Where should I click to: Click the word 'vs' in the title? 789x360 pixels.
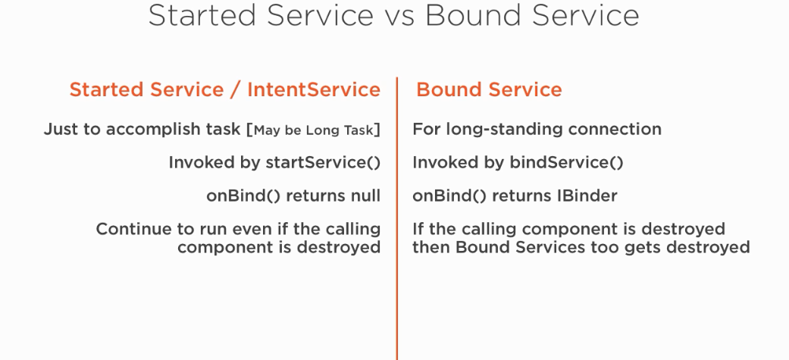[x=399, y=16]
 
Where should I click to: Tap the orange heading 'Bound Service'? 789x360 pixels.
[x=489, y=89]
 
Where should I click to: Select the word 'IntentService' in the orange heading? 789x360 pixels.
[x=314, y=89]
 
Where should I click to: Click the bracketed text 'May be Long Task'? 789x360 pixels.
[x=314, y=130]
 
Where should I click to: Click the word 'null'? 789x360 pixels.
[x=365, y=196]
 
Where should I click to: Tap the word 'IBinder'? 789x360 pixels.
[x=587, y=196]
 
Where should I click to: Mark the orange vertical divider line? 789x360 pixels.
[x=397, y=218]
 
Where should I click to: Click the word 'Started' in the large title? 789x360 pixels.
[x=205, y=16]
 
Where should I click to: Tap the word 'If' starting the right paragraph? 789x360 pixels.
[x=417, y=229]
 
